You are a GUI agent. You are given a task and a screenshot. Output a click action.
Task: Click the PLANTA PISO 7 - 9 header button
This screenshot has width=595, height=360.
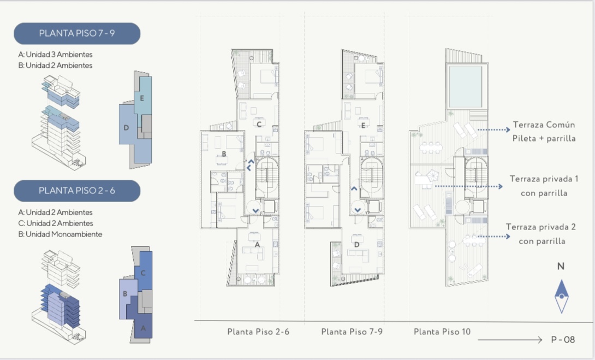pyautogui.click(x=77, y=33)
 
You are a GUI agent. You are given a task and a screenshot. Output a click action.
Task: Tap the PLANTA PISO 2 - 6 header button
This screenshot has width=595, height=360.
pyautogui.click(x=77, y=191)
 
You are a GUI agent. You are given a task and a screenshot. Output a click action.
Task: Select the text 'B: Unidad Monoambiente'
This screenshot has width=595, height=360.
pyautogui.click(x=60, y=234)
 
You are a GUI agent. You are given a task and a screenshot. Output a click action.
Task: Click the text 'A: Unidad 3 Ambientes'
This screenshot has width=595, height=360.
pyautogui.click(x=55, y=55)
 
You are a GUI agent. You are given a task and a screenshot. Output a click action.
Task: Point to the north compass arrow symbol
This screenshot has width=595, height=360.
pyautogui.click(x=562, y=296)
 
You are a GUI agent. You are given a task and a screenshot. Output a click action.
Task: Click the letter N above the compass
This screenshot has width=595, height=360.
pyautogui.click(x=561, y=267)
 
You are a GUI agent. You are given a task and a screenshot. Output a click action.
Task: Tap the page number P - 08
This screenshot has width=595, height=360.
pyautogui.click(x=563, y=340)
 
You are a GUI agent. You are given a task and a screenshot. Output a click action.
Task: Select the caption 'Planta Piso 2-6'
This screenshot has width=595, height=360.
pyautogui.click(x=258, y=332)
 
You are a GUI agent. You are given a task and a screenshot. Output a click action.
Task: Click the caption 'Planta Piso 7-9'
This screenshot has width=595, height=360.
pyautogui.click(x=352, y=332)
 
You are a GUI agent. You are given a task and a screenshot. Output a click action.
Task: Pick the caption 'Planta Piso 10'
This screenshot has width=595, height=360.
pyautogui.click(x=442, y=332)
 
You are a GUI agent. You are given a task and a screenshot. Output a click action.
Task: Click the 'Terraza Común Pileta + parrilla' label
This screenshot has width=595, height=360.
pyautogui.click(x=544, y=132)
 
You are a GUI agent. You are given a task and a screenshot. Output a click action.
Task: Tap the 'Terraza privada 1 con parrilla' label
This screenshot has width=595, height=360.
pyautogui.click(x=544, y=186)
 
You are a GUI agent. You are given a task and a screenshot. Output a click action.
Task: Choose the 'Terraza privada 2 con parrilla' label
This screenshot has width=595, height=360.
pyautogui.click(x=541, y=234)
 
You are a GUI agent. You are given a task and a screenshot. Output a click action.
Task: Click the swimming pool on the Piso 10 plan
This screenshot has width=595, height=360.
pyautogui.click(x=466, y=86)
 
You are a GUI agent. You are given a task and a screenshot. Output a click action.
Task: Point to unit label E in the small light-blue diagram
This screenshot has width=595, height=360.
pyautogui.click(x=142, y=98)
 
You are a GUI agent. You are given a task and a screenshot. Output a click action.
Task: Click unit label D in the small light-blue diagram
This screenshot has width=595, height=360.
pyautogui.click(x=126, y=128)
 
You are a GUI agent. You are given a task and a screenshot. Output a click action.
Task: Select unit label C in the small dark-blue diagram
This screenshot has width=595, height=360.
pyautogui.click(x=143, y=273)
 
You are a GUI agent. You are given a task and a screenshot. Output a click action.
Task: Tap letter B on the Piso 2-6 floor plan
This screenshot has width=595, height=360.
pyautogui.click(x=224, y=154)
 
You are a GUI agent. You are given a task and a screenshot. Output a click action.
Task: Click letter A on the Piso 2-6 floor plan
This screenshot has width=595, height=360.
pyautogui.click(x=257, y=245)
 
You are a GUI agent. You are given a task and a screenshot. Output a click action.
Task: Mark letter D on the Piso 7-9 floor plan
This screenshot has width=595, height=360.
pyautogui.click(x=356, y=245)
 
